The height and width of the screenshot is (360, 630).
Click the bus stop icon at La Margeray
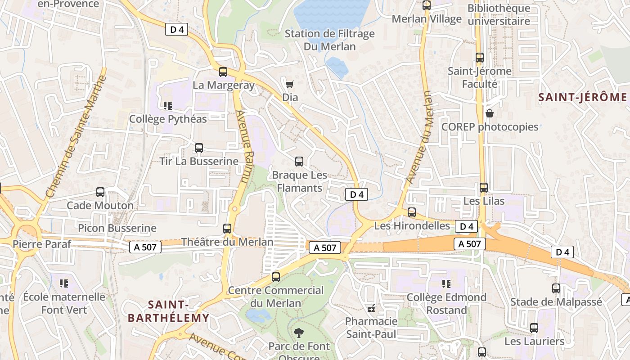223,72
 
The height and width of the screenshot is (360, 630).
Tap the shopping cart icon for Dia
290,84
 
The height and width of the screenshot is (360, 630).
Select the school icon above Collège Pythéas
168,106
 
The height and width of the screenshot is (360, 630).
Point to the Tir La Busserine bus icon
198,148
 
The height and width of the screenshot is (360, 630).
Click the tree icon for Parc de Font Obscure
298,333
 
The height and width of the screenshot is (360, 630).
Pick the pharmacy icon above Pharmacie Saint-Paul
371,308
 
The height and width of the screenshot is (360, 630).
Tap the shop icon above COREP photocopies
489,113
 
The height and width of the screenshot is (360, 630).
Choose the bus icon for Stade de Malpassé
556,288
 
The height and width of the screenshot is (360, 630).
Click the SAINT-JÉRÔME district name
582,97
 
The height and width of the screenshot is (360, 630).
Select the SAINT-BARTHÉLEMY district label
169,311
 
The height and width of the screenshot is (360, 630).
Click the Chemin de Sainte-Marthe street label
76,136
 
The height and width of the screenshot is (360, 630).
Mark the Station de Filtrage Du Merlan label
330,40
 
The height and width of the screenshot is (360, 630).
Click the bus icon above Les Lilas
484,188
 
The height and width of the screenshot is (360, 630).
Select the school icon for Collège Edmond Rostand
446,284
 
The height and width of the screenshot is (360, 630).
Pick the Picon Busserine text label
117,228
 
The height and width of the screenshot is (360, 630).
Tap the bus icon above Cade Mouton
100,192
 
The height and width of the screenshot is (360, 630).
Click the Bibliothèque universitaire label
499,14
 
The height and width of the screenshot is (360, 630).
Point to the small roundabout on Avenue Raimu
234,208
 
